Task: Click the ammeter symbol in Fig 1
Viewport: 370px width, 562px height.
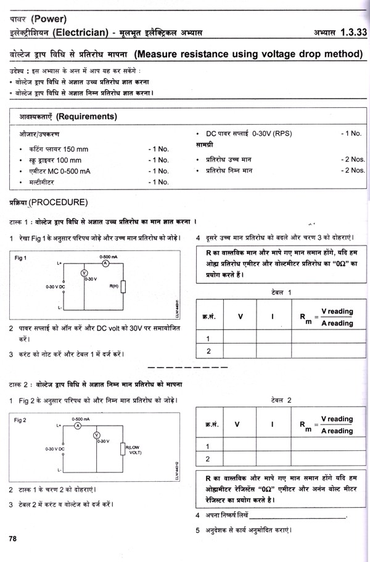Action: pyautogui.click(x=105, y=262)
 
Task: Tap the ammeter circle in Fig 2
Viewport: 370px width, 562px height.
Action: pyautogui.click(x=78, y=426)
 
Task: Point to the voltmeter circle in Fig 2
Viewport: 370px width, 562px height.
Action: pyautogui.click(x=96, y=435)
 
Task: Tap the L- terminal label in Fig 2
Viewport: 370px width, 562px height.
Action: pyautogui.click(x=58, y=471)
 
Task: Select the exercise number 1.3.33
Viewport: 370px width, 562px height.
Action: pyautogui.click(x=347, y=32)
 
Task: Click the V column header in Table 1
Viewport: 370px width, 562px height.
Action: pyautogui.click(x=240, y=317)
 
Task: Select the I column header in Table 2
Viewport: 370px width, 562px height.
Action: pyautogui.click(x=271, y=424)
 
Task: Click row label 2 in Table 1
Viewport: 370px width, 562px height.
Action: pyautogui.click(x=208, y=351)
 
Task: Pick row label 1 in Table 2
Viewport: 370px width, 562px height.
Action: pyautogui.click(x=208, y=446)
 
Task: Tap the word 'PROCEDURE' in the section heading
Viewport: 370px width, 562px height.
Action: pyautogui.click(x=60, y=202)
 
